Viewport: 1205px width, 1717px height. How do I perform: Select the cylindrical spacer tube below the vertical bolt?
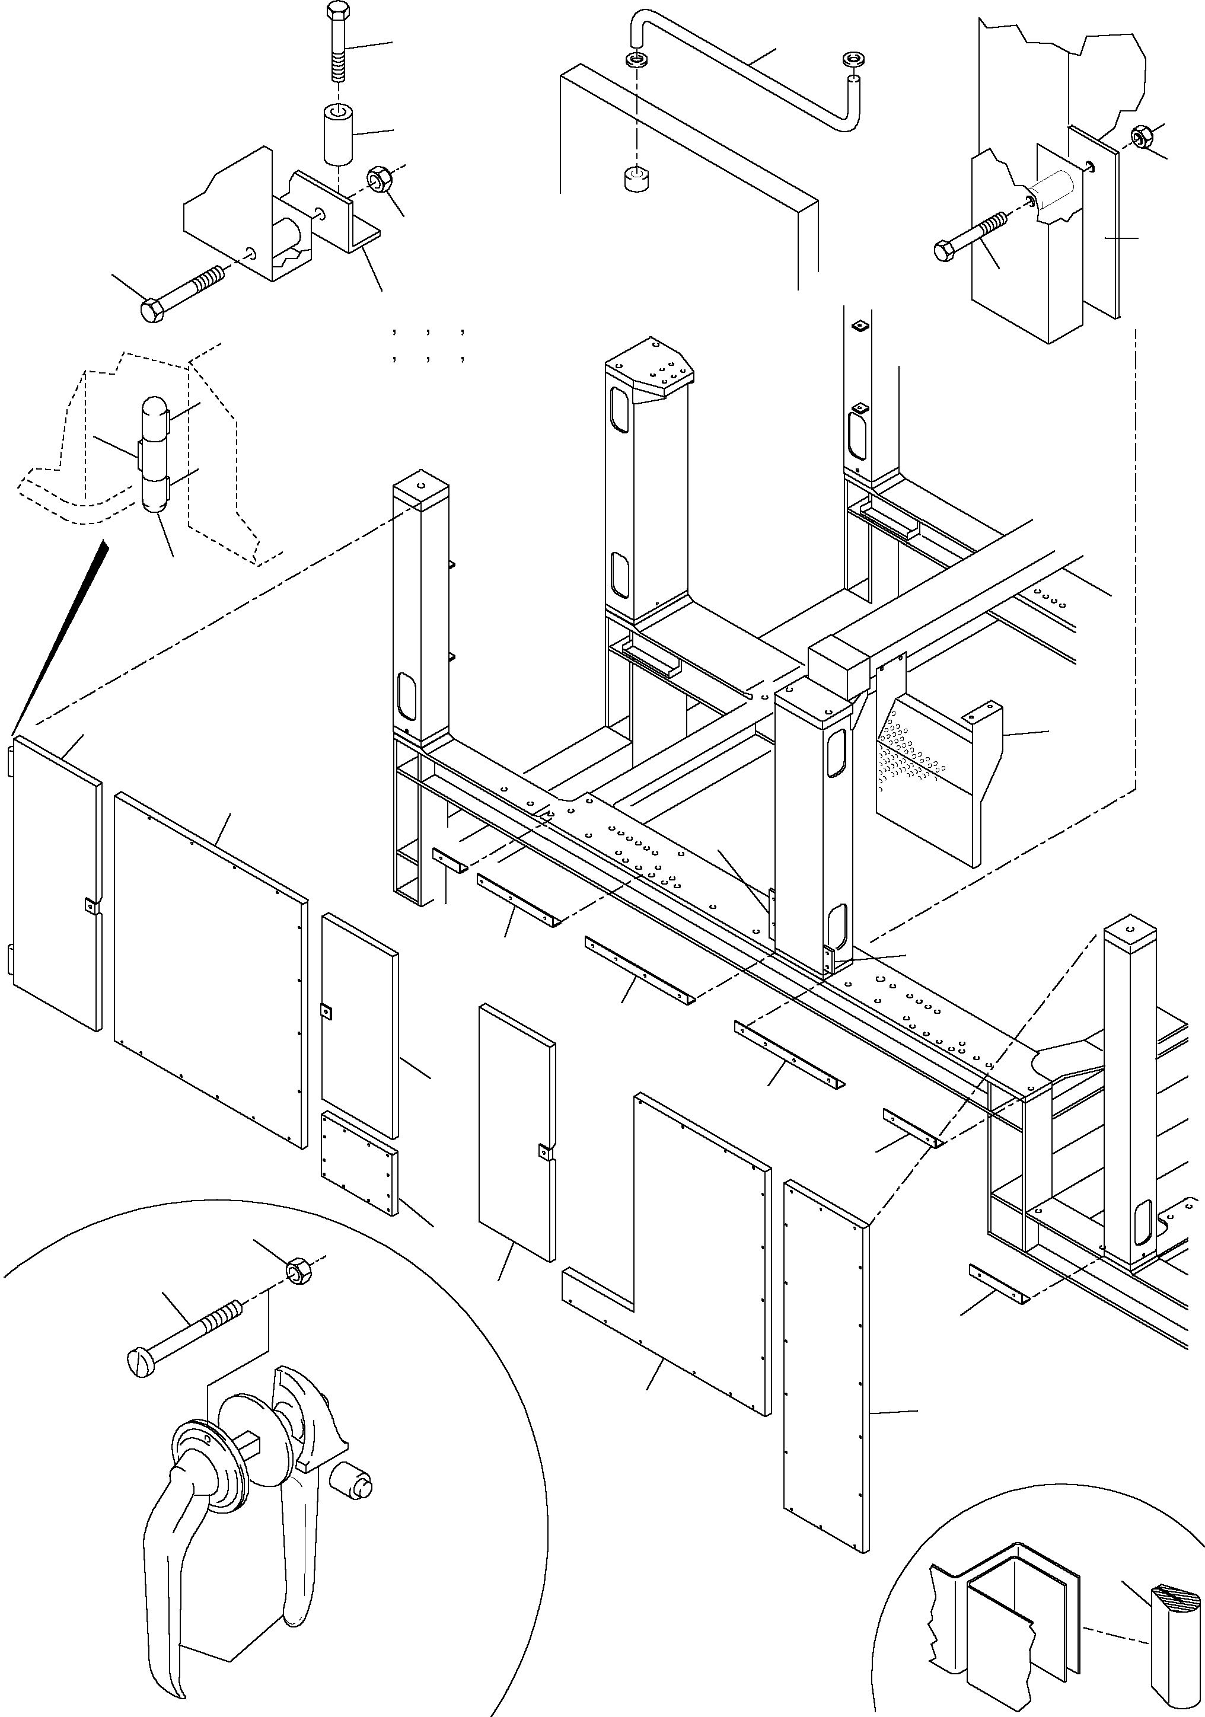338,135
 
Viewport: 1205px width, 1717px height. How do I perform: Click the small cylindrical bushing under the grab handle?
636,180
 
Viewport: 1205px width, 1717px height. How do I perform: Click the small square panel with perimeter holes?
359,1174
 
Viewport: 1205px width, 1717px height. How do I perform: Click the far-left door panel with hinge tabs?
56,882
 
